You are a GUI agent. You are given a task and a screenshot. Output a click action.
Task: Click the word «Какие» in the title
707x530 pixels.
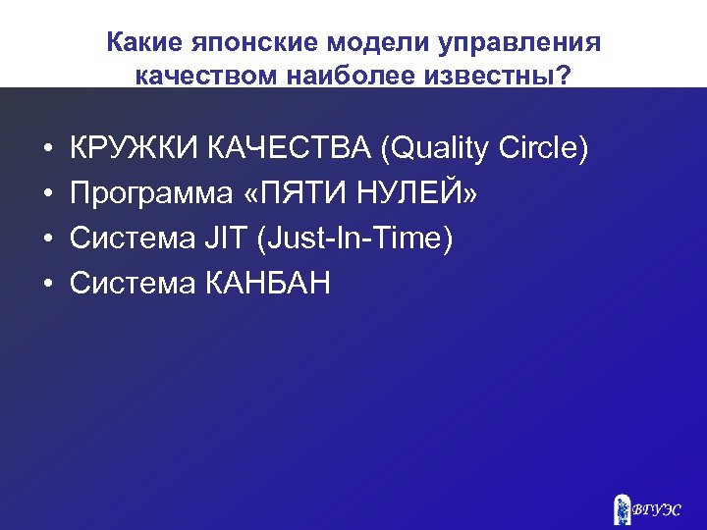[136, 44]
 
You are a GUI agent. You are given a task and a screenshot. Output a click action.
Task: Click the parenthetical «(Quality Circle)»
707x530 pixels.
[485, 149]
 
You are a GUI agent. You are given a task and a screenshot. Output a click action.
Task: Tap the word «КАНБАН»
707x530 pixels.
[268, 285]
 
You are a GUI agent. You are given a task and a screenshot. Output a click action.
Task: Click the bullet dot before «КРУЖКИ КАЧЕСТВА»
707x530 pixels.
[46, 150]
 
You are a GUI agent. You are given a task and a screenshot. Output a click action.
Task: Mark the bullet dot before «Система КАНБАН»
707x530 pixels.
[46, 286]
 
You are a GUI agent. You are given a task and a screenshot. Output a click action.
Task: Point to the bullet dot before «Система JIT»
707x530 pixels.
[46, 240]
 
